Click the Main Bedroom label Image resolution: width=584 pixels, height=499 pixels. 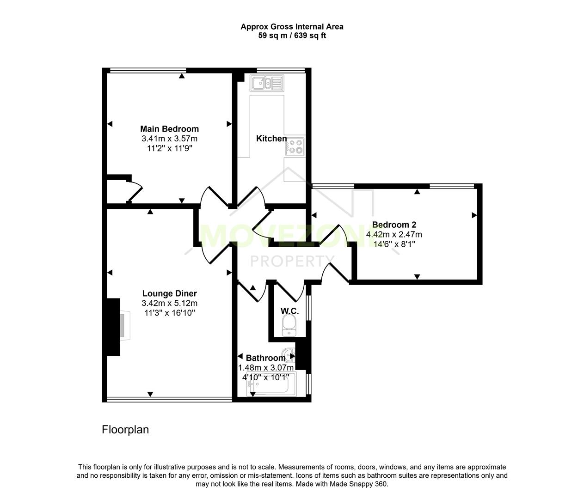coord(169,129)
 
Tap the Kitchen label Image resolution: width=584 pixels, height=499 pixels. coord(271,139)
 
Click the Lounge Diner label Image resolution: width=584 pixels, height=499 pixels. coord(169,293)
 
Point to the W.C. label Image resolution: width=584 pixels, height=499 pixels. coord(290,311)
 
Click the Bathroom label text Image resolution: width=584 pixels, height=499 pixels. coord(265,358)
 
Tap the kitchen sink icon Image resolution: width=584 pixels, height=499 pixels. coord(266,83)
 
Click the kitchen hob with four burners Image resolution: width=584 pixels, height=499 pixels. coord(295,146)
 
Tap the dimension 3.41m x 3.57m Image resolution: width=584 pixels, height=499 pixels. coord(169,139)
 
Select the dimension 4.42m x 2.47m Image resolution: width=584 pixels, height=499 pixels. coord(394,235)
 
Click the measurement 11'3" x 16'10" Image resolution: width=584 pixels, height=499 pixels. coord(169,313)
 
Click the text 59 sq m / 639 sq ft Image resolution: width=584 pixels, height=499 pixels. coord(292,36)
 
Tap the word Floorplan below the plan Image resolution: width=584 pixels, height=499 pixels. coord(125,430)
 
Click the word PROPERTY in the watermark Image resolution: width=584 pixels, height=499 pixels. coord(292,262)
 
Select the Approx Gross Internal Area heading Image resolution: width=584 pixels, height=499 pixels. coord(292,27)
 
